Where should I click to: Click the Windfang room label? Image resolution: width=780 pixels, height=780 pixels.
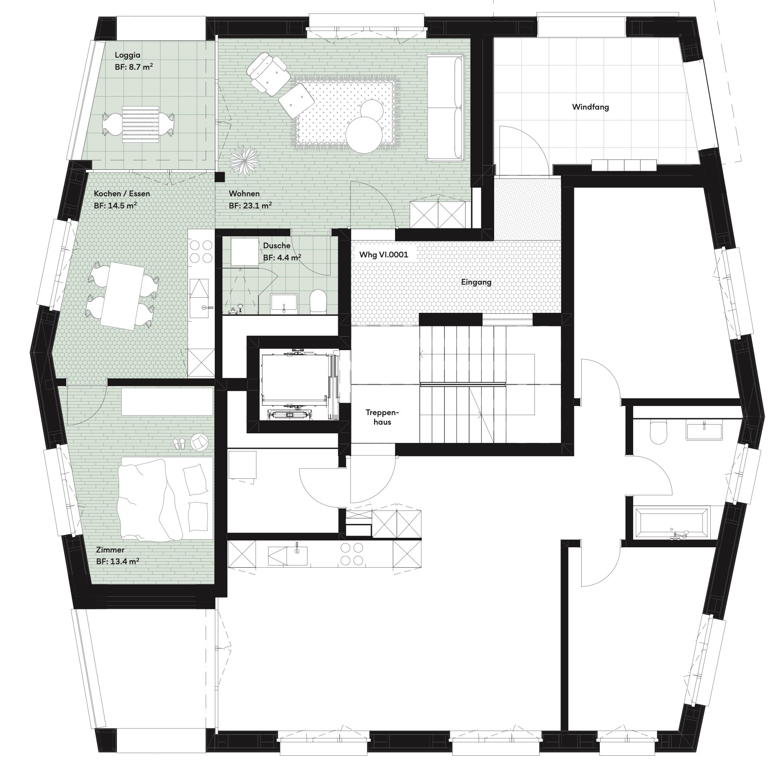click(590, 107)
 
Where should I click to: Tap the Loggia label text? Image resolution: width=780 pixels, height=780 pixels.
click(128, 55)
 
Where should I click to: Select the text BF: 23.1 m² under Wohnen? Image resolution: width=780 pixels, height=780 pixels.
click(250, 205)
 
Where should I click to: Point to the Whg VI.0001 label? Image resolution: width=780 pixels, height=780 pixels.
click(383, 254)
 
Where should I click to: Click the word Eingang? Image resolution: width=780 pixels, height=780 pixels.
click(476, 282)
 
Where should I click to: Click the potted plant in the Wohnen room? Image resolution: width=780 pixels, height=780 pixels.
click(243, 161)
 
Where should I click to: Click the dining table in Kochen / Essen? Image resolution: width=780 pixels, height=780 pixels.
click(123, 294)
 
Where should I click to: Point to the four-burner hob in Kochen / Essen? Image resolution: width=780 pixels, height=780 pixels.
click(200, 252)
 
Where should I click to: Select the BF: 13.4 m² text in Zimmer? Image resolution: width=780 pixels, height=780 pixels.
click(117, 562)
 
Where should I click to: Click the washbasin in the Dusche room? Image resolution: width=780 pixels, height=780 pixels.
click(284, 303)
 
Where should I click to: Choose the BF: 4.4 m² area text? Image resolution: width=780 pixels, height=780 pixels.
click(282, 257)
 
